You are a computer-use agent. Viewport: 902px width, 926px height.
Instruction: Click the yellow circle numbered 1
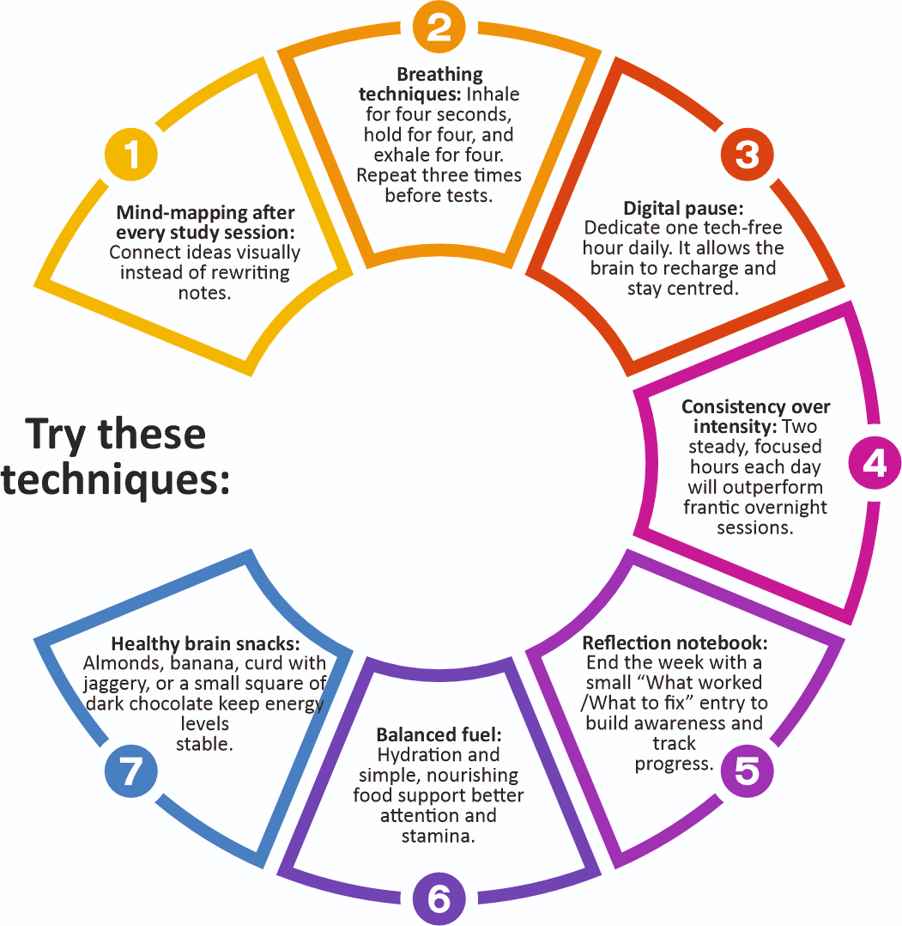pyautogui.click(x=131, y=155)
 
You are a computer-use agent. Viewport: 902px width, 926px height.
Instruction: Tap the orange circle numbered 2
pyautogui.click(x=439, y=27)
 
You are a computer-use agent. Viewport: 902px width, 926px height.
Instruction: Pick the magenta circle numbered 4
pyautogui.click(x=874, y=464)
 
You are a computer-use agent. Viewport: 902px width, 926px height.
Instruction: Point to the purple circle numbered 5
pyautogui.click(x=747, y=771)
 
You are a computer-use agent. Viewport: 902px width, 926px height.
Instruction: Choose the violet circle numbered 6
pyautogui.click(x=439, y=899)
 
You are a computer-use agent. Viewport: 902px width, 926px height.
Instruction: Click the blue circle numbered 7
pyautogui.click(x=131, y=771)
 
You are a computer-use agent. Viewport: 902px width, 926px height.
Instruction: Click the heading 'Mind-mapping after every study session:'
pyautogui.click(x=205, y=222)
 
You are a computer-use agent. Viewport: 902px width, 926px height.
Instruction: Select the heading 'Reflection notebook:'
pyautogui.click(x=675, y=643)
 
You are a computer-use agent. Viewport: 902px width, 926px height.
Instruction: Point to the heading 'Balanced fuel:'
pyautogui.click(x=439, y=736)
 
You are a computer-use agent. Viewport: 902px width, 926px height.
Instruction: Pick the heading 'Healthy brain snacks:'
pyautogui.click(x=205, y=644)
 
